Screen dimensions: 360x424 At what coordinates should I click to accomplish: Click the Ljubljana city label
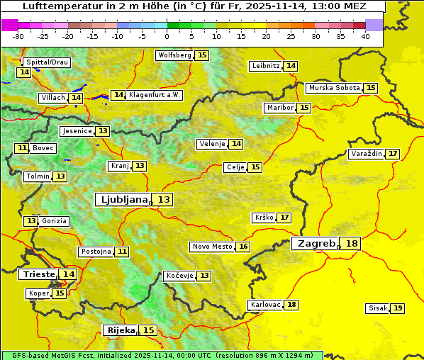point(122,200)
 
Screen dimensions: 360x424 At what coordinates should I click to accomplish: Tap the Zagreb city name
point(316,244)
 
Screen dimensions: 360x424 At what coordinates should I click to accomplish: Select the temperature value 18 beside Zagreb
point(352,244)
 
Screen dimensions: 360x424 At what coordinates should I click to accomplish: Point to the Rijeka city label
point(121,330)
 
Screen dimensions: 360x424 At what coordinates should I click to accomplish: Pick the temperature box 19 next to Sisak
point(398,308)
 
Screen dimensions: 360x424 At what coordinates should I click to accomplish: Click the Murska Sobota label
point(333,88)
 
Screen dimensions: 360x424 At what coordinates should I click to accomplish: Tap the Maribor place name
point(279,108)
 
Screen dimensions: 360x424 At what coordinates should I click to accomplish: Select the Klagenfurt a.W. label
point(155,95)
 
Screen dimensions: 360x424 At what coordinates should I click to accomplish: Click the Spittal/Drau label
point(46,62)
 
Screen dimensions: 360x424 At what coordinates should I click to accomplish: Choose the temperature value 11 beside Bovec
point(22,148)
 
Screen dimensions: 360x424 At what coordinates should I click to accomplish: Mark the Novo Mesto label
point(212,247)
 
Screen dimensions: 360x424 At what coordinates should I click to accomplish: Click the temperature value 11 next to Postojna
point(123,252)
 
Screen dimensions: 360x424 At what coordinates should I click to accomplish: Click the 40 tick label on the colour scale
point(365,36)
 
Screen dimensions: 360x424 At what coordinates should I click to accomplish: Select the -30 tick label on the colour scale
point(18,36)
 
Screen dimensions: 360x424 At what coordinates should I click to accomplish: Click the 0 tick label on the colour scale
point(167,36)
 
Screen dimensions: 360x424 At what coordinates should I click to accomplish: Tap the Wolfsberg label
point(174,55)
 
